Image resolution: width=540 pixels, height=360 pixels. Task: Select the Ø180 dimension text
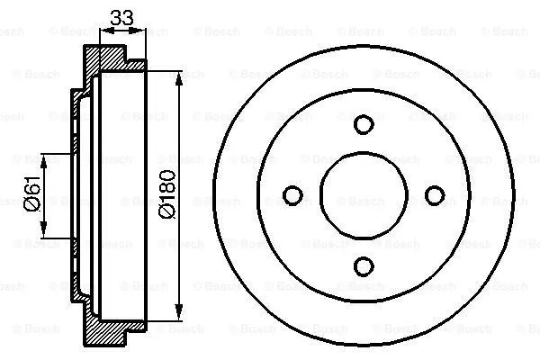168,192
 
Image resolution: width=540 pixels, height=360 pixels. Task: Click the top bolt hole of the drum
363,124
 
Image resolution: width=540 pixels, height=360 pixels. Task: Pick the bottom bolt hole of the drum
363,265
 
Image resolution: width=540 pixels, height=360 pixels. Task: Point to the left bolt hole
292,194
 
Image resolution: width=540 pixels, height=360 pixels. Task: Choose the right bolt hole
434,194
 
